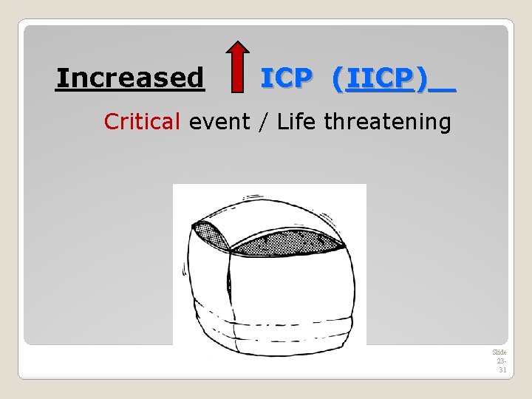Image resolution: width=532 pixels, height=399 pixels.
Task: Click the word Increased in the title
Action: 130,77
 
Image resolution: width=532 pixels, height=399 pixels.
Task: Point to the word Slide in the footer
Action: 499,352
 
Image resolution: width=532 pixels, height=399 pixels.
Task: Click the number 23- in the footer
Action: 501,361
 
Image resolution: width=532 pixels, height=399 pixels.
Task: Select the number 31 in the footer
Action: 502,369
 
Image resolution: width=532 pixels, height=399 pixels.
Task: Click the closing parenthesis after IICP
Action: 421,78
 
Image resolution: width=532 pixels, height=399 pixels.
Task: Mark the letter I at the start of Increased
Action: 61,77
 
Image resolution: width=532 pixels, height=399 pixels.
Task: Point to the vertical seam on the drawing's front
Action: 230,296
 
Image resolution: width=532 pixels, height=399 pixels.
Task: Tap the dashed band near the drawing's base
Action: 273,324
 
